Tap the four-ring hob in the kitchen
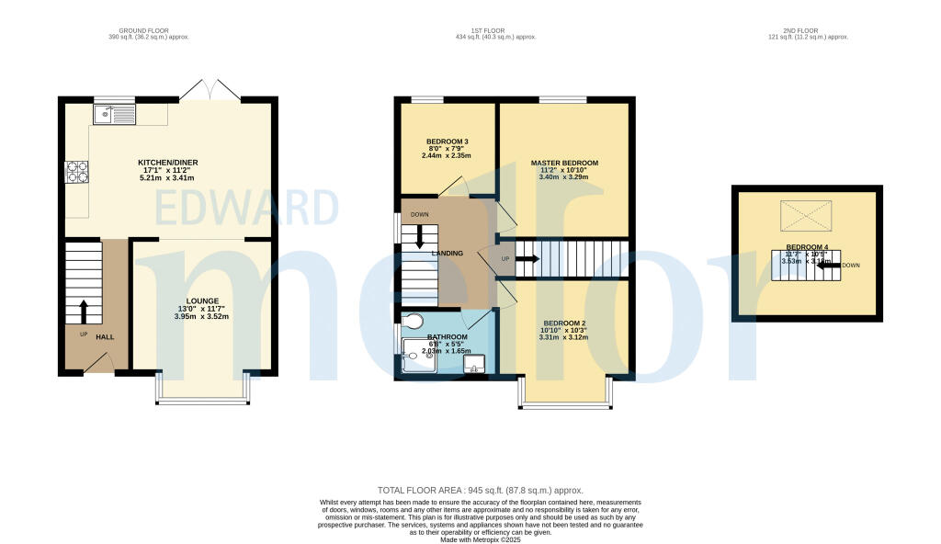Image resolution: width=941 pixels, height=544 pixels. (x=76, y=172)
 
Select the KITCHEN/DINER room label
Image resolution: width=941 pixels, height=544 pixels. (x=168, y=163)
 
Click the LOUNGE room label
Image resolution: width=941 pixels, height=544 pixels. (x=201, y=300)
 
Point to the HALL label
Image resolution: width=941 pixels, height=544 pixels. (x=105, y=337)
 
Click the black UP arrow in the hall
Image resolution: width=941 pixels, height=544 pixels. (x=84, y=309)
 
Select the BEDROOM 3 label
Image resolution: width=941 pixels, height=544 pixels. (x=447, y=142)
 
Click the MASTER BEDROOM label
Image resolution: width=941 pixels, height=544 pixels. (x=564, y=163)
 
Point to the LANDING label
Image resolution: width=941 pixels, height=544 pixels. (x=448, y=254)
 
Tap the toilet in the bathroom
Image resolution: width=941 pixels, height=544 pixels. (x=414, y=321)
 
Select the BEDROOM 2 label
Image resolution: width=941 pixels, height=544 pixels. (x=564, y=323)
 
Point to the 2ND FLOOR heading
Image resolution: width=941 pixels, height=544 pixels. (x=808, y=30)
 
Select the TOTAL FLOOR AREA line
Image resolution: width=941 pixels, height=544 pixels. (x=480, y=491)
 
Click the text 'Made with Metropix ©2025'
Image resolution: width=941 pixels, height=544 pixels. (x=480, y=539)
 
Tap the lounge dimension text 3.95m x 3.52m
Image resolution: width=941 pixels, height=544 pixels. (x=201, y=317)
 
